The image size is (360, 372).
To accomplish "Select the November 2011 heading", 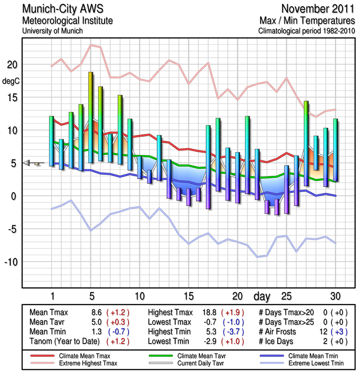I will pos(315,9).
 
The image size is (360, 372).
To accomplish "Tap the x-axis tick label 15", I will pos(188,296).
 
